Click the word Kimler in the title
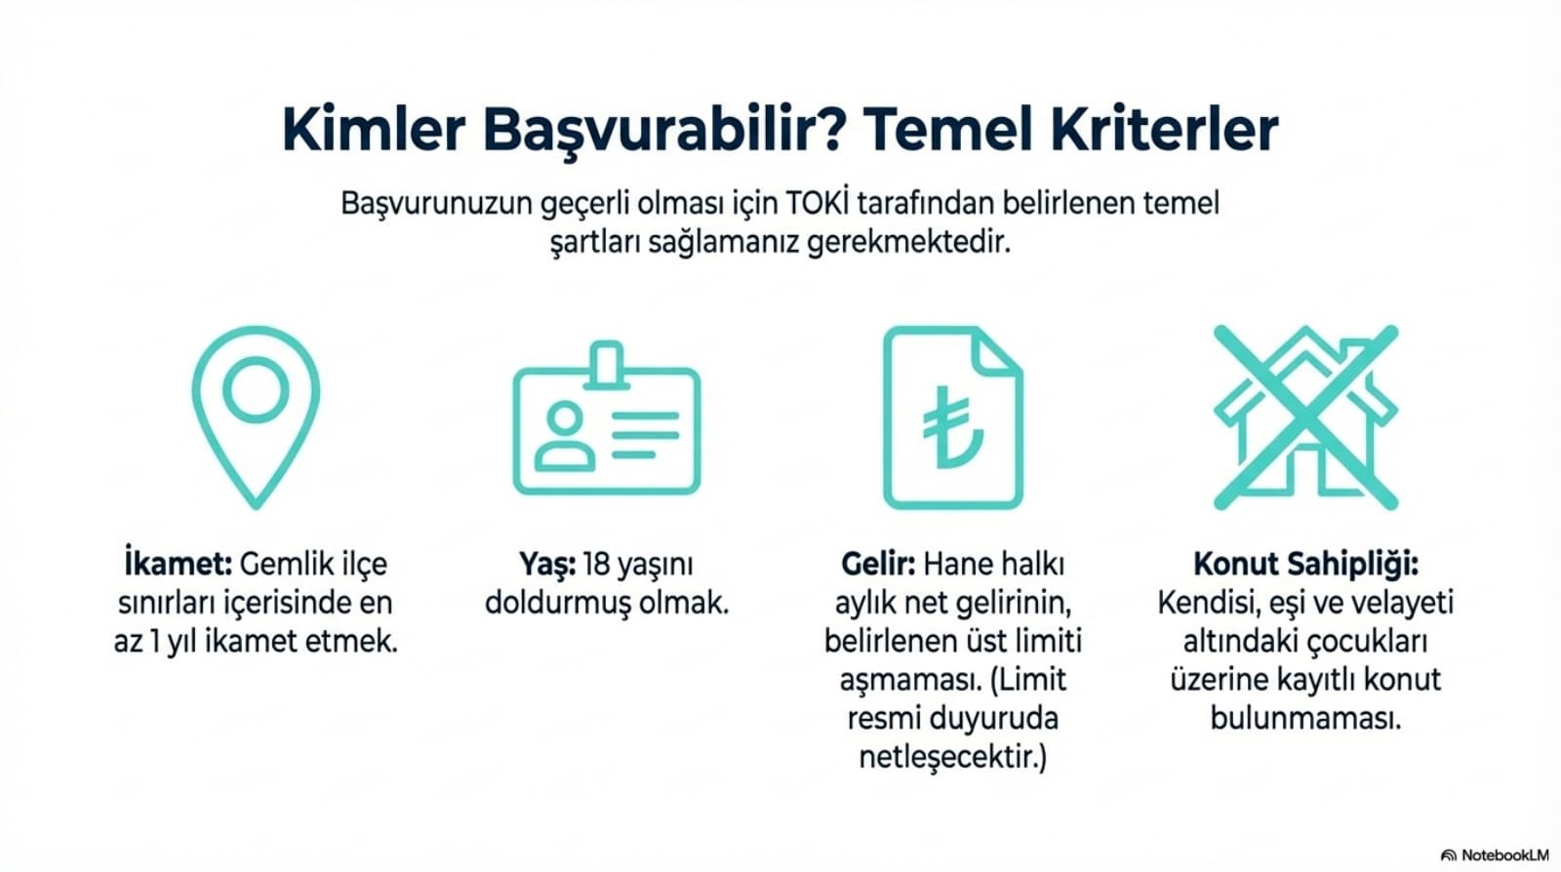pos(374,130)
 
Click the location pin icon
pos(256,416)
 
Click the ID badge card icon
pos(606,417)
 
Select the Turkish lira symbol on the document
pos(952,426)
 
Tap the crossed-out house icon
pos(1306,417)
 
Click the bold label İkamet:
pos(178,564)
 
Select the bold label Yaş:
pos(547,565)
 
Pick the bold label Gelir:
pos(878,564)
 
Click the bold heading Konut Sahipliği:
pos(1306,565)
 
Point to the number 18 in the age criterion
pos(595,564)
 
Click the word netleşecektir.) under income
pos(952,757)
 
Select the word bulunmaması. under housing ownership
pos(1306,717)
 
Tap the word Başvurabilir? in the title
pos(664,132)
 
